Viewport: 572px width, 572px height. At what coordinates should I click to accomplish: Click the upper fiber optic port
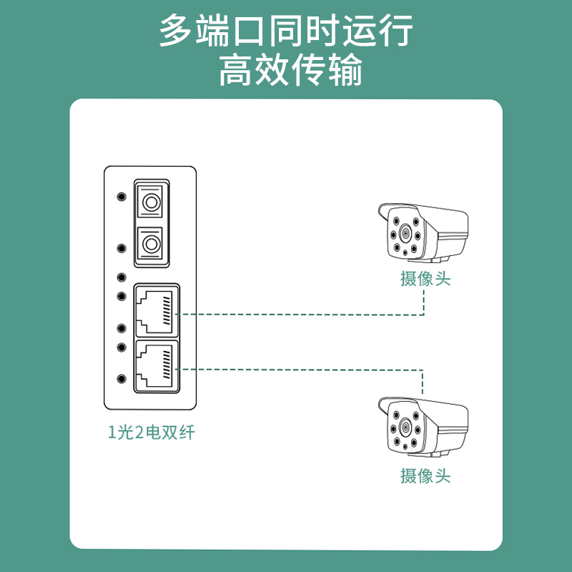point(149,202)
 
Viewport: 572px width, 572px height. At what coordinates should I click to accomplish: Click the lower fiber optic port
point(149,243)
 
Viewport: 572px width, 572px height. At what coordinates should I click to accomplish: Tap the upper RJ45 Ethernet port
point(157,310)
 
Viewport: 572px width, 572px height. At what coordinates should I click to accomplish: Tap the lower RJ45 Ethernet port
point(157,367)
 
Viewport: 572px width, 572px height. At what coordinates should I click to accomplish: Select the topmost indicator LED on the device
point(122,197)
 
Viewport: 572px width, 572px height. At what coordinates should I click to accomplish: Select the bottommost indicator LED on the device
point(122,379)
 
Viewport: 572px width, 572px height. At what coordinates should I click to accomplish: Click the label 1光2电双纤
point(152,433)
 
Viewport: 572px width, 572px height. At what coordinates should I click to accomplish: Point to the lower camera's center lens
point(405,426)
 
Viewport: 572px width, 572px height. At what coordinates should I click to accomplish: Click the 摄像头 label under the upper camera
point(425,279)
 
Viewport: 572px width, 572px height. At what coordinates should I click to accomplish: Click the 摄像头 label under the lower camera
point(425,475)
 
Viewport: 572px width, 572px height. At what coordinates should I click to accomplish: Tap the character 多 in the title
point(175,30)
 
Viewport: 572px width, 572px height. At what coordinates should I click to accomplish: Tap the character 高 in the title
point(235,69)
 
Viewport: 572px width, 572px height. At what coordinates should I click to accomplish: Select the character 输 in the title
point(345,69)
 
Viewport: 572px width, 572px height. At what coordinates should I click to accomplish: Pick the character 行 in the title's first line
point(397,30)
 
